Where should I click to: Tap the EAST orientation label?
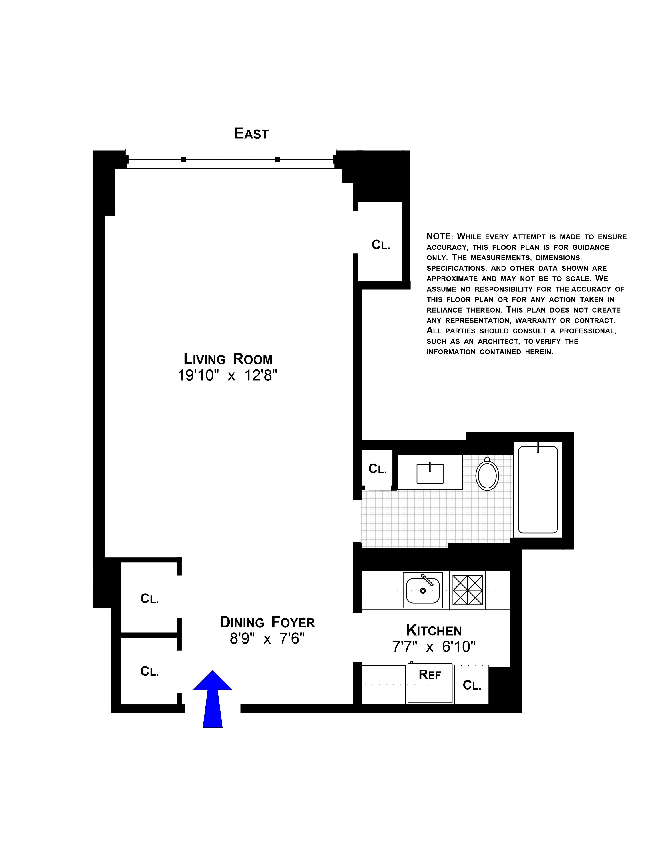pos(251,134)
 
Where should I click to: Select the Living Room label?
pos(228,359)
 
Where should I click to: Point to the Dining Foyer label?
pos(267,622)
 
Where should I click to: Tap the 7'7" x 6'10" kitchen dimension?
pos(434,647)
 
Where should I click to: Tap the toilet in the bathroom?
pos(487,474)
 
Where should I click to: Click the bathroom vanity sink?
pos(430,473)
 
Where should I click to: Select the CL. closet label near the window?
pos(380,245)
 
